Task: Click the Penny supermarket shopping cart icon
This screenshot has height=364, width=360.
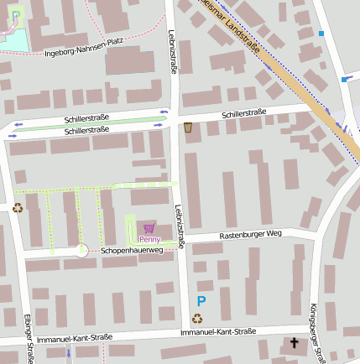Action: (149, 227)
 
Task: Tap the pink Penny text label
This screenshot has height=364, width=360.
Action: (149, 239)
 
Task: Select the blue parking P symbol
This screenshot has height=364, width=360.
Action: (201, 301)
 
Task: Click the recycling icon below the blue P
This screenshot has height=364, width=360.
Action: (197, 318)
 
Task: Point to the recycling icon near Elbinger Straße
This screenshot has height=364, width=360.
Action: (17, 207)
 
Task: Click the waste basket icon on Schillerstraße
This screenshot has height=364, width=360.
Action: (187, 127)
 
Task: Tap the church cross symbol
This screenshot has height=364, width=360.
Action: (294, 342)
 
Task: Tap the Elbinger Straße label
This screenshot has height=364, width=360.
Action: (29, 340)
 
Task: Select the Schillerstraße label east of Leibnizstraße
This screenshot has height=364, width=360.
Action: (244, 112)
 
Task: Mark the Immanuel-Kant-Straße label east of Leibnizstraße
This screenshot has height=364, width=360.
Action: (217, 331)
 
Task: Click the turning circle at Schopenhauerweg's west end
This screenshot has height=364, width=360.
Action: (81, 250)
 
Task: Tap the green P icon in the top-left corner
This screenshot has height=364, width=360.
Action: (15, 14)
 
